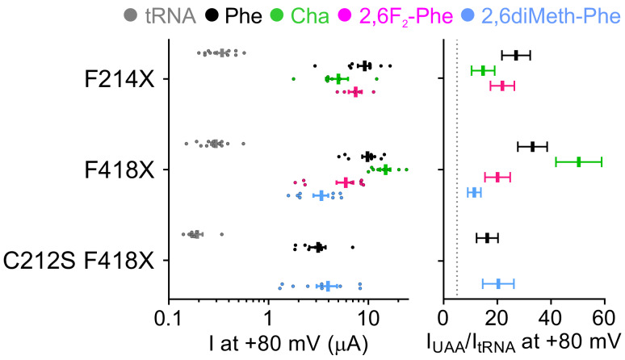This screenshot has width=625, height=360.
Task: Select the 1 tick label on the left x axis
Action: click(x=268, y=316)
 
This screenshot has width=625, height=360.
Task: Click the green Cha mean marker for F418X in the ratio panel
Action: click(x=579, y=162)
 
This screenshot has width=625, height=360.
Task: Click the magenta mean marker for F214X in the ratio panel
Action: click(x=501, y=86)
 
